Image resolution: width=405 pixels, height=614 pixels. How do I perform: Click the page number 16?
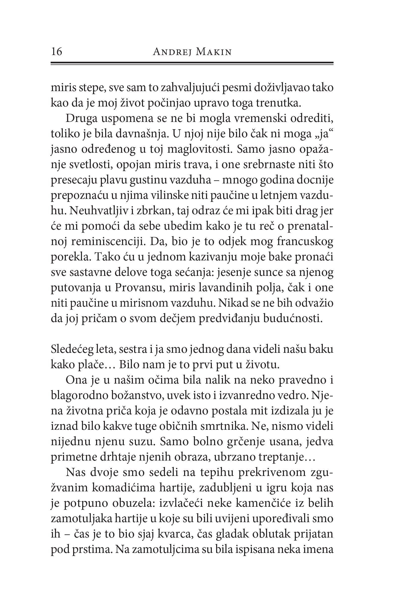pos(56,52)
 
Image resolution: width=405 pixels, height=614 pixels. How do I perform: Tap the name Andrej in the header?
pos(171,52)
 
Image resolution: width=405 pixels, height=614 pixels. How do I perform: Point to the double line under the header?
pos(192,63)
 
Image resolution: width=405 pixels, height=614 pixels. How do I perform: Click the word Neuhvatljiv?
pos(98,211)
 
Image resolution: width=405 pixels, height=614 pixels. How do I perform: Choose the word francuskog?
pos(305,242)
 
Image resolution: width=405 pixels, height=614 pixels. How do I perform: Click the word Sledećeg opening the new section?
pos(72,349)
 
